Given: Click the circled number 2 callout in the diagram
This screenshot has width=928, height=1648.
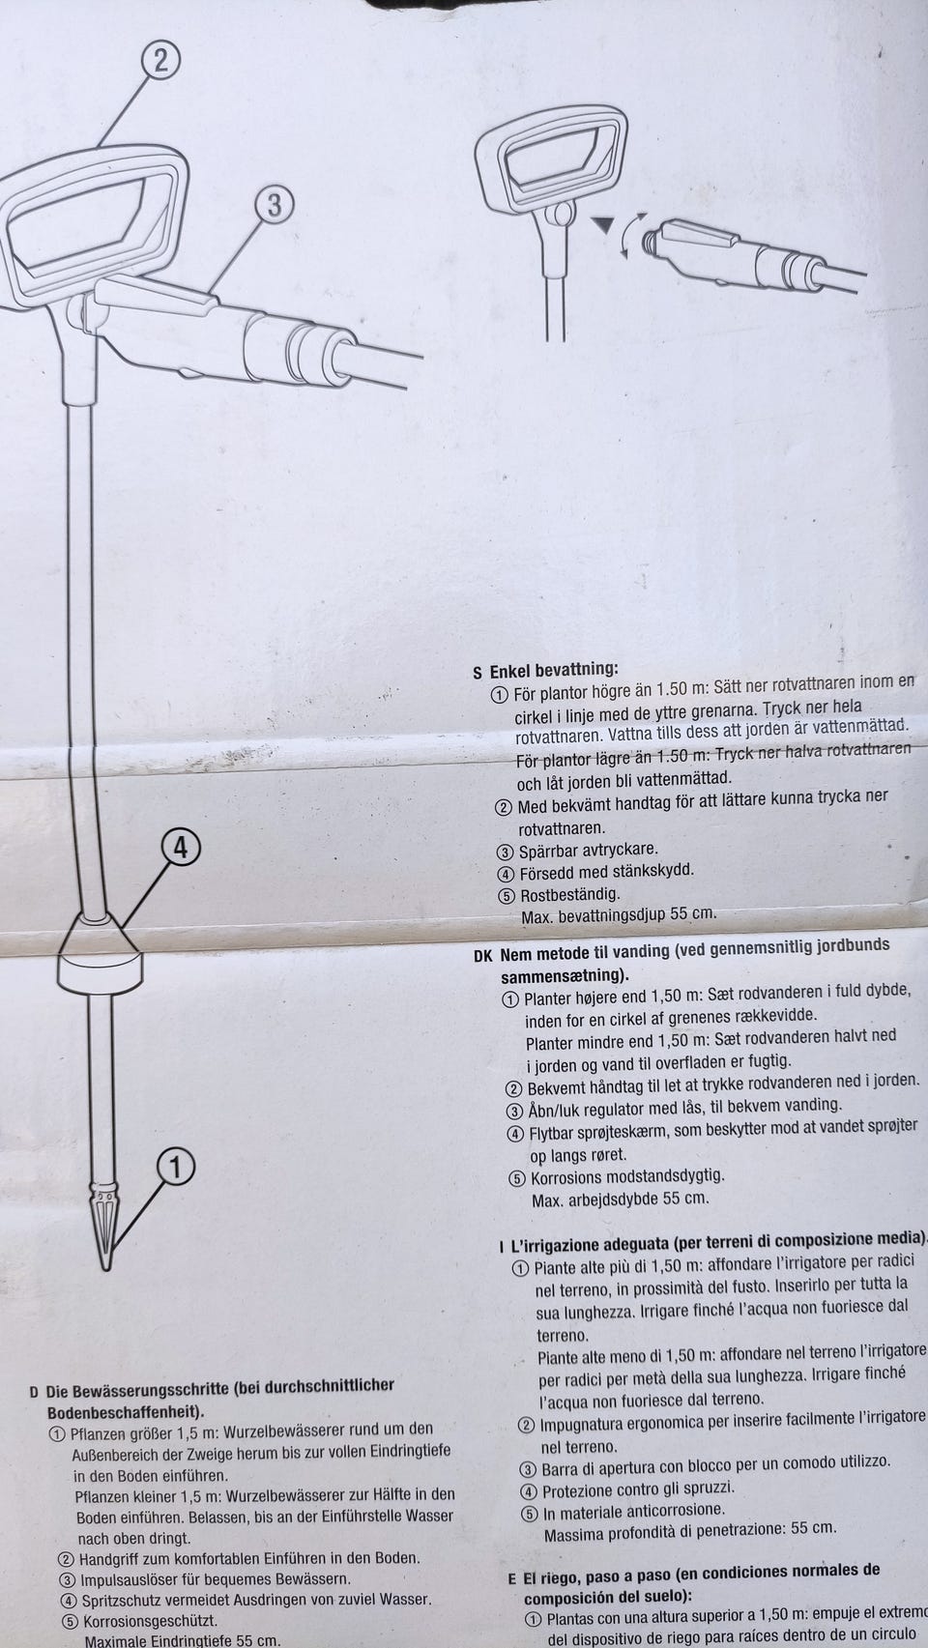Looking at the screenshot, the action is point(160,62).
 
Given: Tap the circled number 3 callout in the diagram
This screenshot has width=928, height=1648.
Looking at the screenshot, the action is point(275,205).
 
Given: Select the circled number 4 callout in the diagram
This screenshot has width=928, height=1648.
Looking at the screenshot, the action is point(181,849).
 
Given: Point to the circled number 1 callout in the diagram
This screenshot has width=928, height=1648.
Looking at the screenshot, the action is point(176,1167).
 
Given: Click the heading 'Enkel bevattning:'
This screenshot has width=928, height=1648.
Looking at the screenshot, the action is point(554,670).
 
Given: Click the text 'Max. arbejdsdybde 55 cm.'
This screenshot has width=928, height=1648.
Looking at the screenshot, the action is point(621,1198).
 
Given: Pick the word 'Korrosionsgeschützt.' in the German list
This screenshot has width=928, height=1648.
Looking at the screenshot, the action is point(150,1621).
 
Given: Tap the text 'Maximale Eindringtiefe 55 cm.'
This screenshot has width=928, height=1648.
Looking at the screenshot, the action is point(183,1640).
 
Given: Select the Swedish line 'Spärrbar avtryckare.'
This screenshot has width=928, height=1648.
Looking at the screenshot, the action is point(589,852).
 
